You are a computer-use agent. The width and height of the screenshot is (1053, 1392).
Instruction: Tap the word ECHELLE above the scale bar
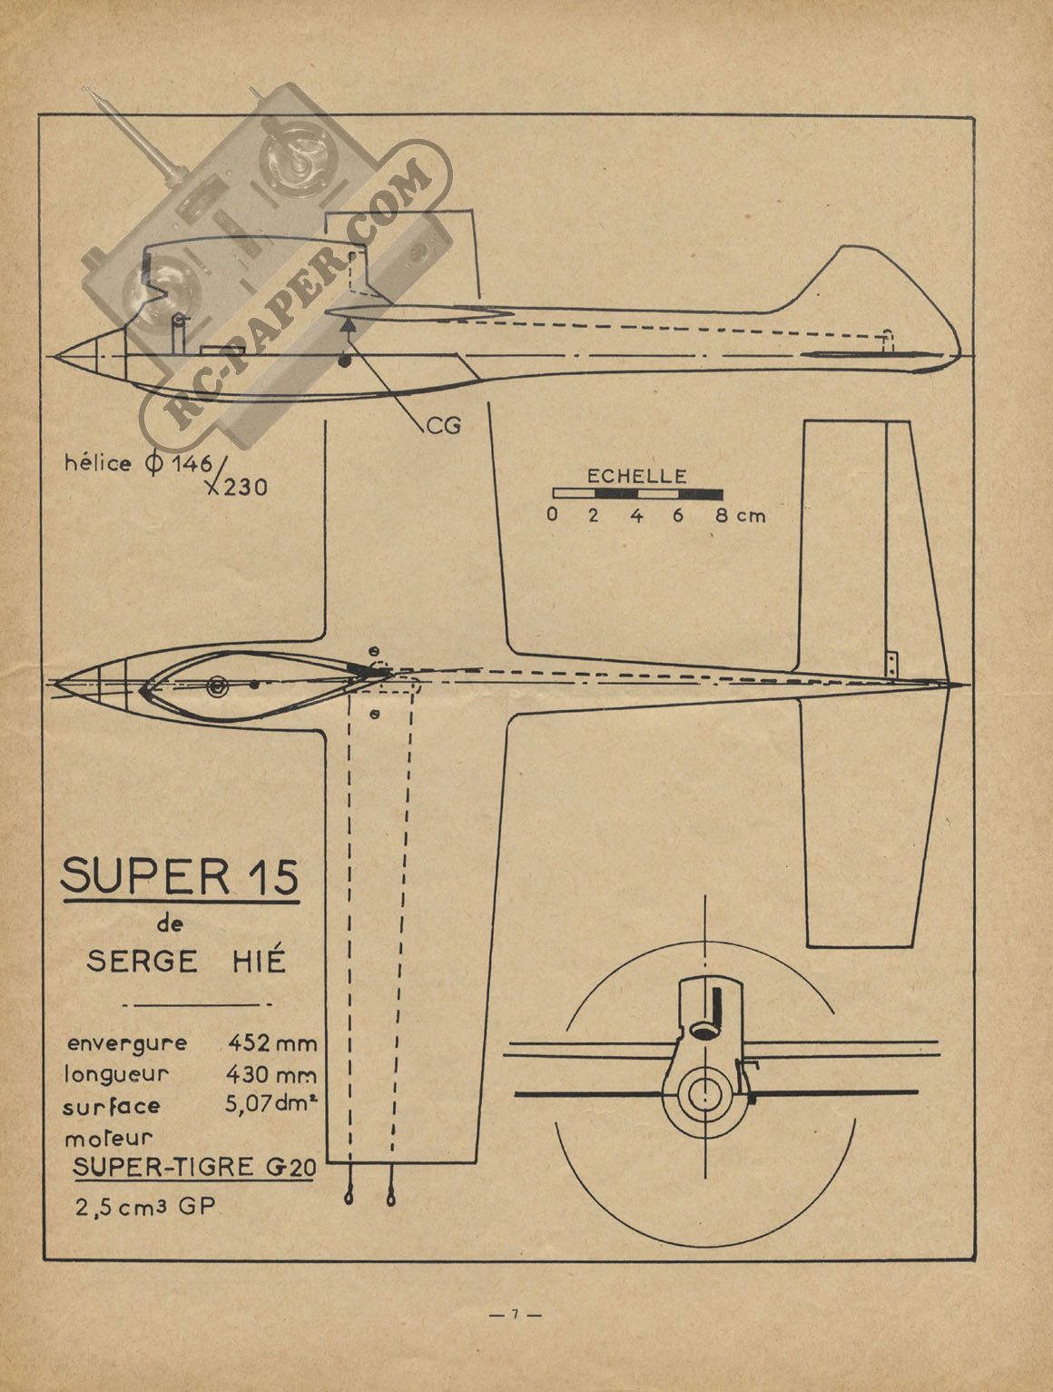pyautogui.click(x=637, y=475)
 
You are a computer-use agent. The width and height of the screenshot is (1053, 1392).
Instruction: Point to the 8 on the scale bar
pyautogui.click(x=722, y=516)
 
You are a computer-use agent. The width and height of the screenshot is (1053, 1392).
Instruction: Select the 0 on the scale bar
pyautogui.click(x=552, y=516)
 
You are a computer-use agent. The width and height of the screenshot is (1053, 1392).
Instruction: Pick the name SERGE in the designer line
pyautogui.click(x=142, y=961)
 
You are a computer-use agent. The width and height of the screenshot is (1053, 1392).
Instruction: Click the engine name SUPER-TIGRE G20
pyautogui.click(x=194, y=1168)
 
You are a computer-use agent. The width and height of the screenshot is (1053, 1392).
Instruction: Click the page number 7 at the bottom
pyautogui.click(x=514, y=1313)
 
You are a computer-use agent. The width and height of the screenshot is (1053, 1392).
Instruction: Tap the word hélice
pyautogui.click(x=96, y=463)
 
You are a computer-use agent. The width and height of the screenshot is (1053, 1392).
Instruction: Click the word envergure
pyautogui.click(x=125, y=1042)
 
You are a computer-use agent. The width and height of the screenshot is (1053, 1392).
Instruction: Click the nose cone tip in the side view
pyautogui.click(x=58, y=355)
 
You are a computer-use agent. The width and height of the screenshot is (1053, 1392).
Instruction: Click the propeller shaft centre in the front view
pyautogui.click(x=703, y=1094)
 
